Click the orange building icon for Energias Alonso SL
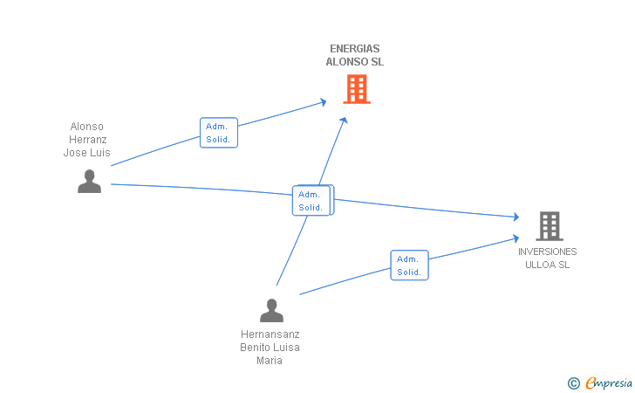pos(357,89)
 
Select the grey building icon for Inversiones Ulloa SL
pos(550,226)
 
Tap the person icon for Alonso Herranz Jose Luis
pos(90,182)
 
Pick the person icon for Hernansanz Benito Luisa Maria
pos(272,311)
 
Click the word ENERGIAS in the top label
pos(355,49)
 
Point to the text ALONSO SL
pos(355,62)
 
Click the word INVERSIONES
pos(548,252)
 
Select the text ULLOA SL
pos(548,265)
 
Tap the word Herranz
pos(87,140)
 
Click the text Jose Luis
pos(86,153)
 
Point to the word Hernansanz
pos(270,334)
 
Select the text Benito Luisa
pos(270,348)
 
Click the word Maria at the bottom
pos(270,361)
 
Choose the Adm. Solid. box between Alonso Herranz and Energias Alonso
pos(219,133)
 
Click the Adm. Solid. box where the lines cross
pos(312,200)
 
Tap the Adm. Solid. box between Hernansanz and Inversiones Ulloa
pos(409,265)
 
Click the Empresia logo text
pos(609,383)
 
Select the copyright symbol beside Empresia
pos(574,383)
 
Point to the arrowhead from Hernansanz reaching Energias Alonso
pos(344,120)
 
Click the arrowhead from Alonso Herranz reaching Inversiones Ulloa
pos(516,217)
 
